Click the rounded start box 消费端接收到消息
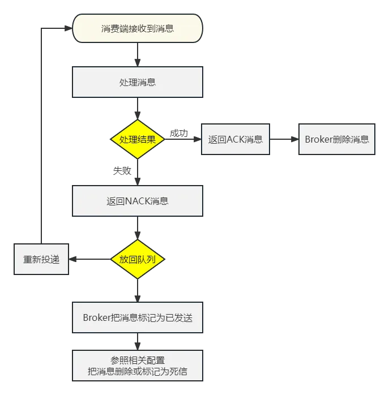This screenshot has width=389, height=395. click(137, 28)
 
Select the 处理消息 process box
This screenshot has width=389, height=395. click(137, 82)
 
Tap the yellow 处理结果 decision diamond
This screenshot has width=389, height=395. click(137, 139)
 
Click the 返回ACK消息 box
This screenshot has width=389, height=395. click(236, 139)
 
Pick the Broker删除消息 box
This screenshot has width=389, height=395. click(336, 139)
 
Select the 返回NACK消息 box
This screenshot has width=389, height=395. click(137, 200)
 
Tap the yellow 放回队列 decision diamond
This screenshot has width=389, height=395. click(137, 259)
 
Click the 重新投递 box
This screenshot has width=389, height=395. click(41, 260)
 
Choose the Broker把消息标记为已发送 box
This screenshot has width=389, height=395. click(137, 317)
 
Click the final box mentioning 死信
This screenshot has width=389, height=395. click(137, 366)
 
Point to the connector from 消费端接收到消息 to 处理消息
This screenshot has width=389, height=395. click(137, 54)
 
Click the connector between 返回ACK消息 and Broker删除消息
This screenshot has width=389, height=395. click(284, 139)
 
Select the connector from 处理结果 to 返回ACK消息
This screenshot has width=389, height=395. click(181, 139)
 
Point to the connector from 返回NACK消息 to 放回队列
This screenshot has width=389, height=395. click(137, 227)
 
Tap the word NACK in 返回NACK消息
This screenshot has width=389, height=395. click(137, 201)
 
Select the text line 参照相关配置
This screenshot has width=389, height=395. click(137, 360)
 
